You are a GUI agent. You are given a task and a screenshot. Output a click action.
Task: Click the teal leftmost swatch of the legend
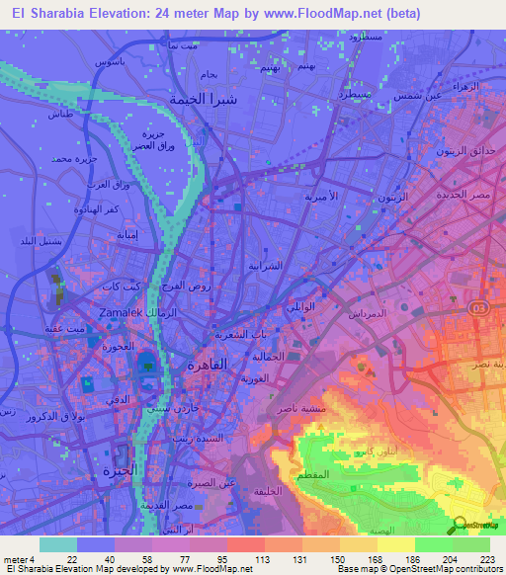tap(57, 544)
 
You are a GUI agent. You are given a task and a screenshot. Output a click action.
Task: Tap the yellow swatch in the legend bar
tap(395, 544)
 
